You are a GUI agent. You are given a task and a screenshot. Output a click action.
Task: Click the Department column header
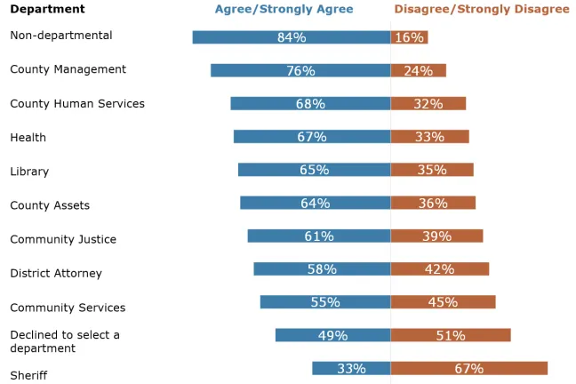pos(47,10)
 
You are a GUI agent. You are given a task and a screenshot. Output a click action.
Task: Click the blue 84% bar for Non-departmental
pos(291,37)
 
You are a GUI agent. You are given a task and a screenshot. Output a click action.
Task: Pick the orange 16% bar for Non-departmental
pos(409,37)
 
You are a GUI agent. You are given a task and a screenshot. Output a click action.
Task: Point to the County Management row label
pos(68,69)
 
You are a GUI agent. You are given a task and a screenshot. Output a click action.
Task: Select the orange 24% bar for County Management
pos(418,70)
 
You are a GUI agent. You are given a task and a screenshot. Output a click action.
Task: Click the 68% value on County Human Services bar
pos(310,104)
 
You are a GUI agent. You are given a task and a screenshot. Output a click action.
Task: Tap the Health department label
pos(28,138)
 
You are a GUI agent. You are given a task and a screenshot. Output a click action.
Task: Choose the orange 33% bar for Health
pos(429,137)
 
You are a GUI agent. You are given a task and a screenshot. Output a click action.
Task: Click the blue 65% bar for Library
pos(314,170)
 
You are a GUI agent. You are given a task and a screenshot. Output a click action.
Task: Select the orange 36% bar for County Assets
pos(433,203)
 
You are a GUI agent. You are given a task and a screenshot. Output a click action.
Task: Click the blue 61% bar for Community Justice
pos(318,236)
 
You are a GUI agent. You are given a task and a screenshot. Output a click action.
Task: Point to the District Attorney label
pos(56,274)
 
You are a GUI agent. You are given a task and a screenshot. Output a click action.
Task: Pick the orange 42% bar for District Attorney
pos(439,268)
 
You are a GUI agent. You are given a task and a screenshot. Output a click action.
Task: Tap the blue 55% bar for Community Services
pos(324,302)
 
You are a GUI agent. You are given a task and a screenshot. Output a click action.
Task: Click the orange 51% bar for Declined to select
pos(451,335)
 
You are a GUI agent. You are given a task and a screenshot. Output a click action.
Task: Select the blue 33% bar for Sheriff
pos(350,368)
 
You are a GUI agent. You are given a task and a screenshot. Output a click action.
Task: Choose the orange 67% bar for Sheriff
pos(468,368)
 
